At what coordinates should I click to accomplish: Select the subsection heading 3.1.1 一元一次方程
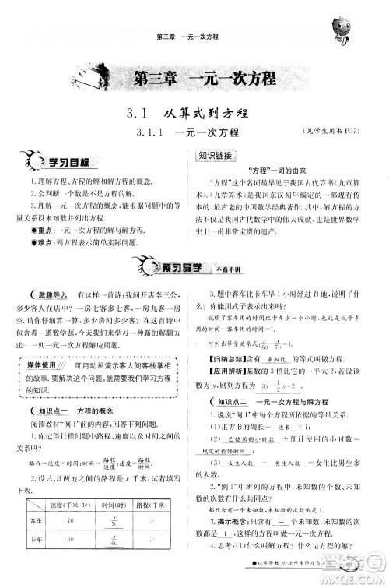194,133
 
